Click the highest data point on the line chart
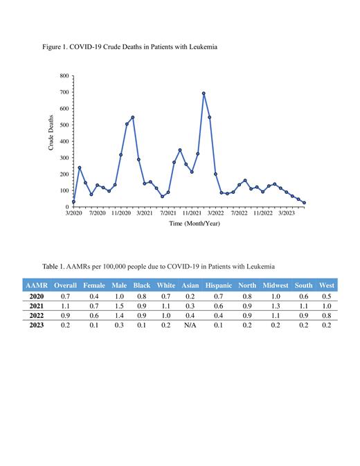[204, 93]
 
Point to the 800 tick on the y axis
[64, 75]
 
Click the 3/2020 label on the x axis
[73, 213]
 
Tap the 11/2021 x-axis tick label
[192, 213]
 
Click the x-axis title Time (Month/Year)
[195, 224]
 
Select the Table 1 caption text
[159, 266]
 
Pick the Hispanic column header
[219, 285]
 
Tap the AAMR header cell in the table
[37, 285]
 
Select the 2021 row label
[37, 305]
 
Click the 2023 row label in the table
[37, 325]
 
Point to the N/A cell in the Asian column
[189, 325]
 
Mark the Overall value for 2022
[66, 315]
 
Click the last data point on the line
[304, 203]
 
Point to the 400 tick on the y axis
[64, 141]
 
